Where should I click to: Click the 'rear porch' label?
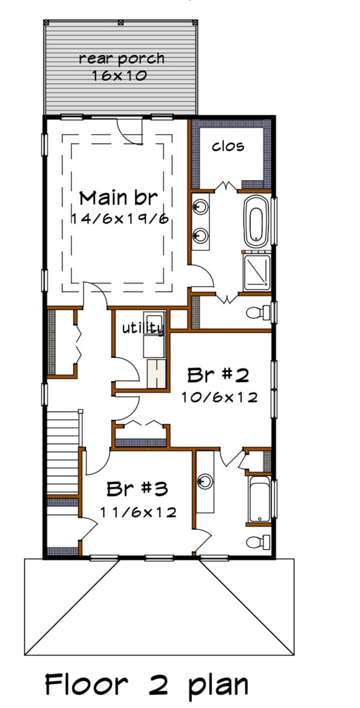click(121, 59)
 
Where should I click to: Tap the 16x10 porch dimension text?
click(120, 76)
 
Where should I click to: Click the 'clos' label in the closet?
click(228, 146)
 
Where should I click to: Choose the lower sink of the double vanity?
click(200, 235)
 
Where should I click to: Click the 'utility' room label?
click(143, 328)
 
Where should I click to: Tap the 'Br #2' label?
click(218, 376)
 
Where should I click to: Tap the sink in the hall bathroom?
click(205, 481)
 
